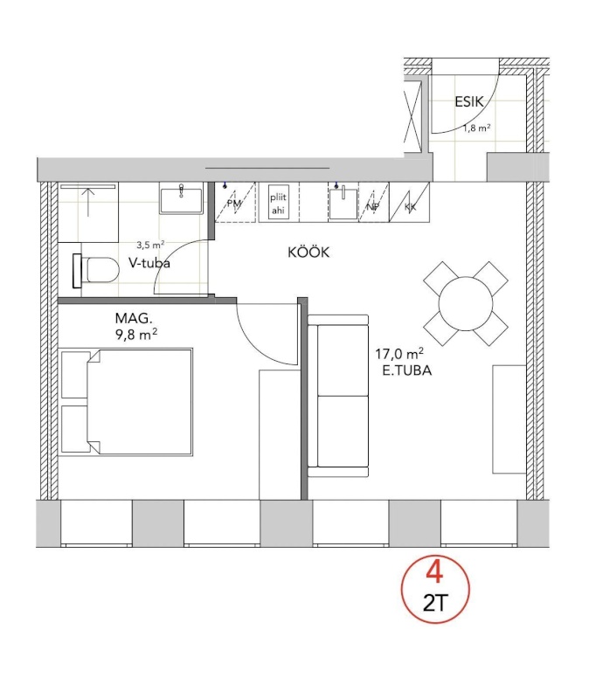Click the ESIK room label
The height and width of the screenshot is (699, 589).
point(469,101)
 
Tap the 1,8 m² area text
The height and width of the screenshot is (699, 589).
point(476,128)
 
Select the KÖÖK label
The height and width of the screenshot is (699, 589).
point(308,252)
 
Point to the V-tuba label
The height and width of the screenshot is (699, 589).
point(149,263)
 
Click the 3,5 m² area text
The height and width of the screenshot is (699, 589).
point(150,245)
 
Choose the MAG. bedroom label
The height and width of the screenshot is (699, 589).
point(134,318)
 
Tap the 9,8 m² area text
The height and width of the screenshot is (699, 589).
point(136,335)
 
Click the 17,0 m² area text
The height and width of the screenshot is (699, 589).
point(399,354)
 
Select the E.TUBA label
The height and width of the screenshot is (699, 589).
point(407,370)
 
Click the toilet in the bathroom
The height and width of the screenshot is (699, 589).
point(95,271)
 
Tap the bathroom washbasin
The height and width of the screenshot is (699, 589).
point(181,199)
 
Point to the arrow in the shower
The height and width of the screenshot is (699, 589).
point(89,202)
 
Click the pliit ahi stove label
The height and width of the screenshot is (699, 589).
point(278,204)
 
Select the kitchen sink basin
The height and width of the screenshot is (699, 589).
point(343,204)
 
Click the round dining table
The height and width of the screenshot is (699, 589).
point(466,304)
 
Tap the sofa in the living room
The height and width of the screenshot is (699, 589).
point(338,397)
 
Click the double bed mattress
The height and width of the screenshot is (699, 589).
point(140,402)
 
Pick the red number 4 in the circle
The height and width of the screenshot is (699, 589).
point(434,572)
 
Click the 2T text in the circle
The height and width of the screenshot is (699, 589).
point(434,604)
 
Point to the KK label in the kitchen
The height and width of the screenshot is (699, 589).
point(410,207)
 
